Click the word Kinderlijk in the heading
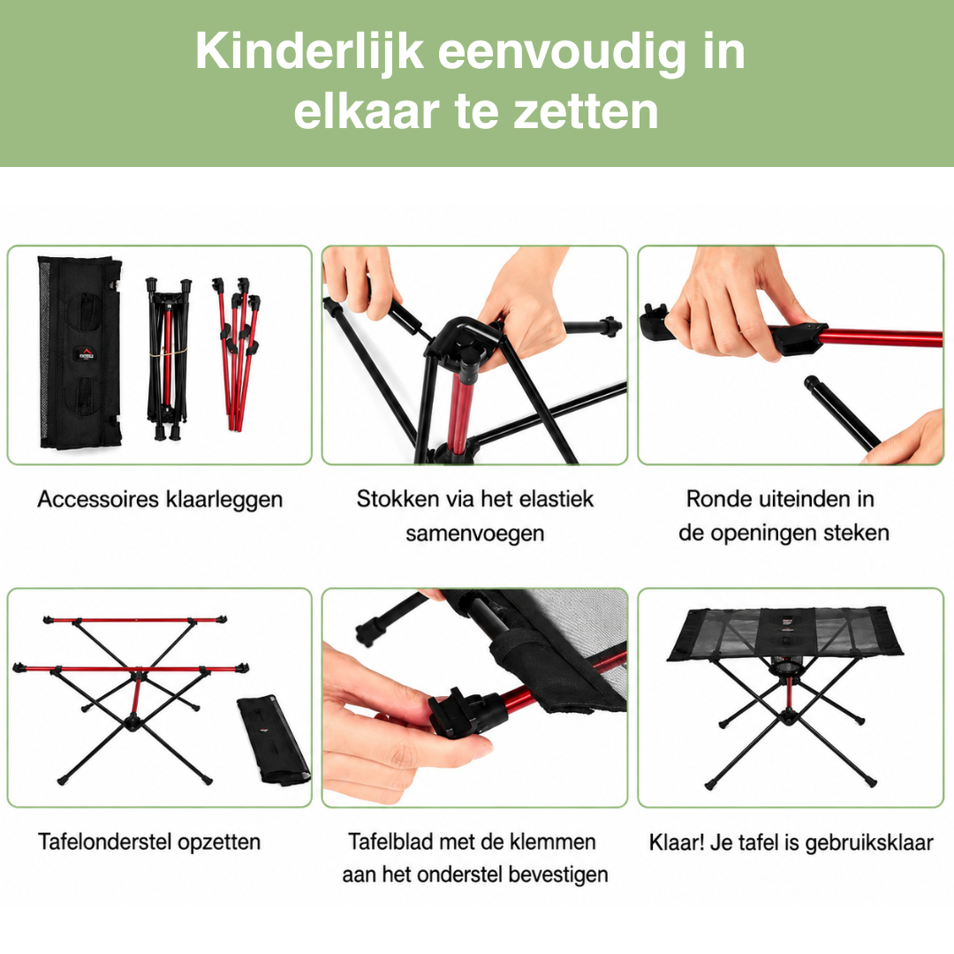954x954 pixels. coord(309,52)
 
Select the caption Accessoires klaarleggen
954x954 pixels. coord(160,499)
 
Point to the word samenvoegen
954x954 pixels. coord(474,534)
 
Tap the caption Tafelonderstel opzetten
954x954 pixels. coord(149,842)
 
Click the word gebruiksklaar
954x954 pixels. coord(869,844)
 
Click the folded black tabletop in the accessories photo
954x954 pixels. coord(79,352)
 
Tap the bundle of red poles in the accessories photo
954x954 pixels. coord(238,352)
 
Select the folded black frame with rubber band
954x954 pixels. coord(167,359)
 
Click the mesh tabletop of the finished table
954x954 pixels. coord(784,632)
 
